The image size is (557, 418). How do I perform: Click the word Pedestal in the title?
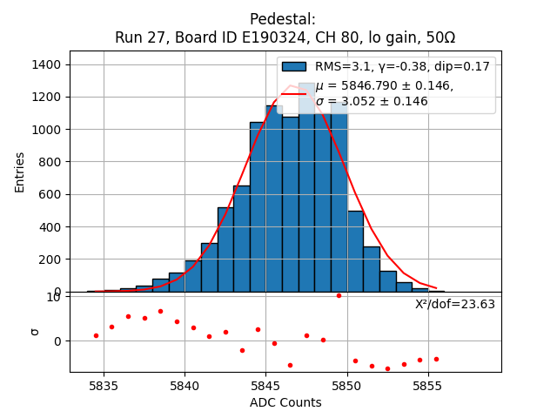pyautogui.click(x=282, y=19)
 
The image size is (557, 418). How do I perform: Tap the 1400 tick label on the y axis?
pyautogui.click(x=46, y=65)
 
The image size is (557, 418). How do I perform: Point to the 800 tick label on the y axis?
pyautogui.click(x=50, y=162)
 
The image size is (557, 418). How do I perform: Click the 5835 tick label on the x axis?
pyautogui.click(x=104, y=385)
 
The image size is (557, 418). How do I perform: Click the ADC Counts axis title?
pyautogui.click(x=285, y=402)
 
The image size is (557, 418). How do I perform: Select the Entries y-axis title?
pyautogui.click(x=20, y=172)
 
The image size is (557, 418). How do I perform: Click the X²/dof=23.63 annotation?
pyautogui.click(x=454, y=304)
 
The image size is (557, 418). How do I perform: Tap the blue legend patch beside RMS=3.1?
pyautogui.click(x=294, y=66)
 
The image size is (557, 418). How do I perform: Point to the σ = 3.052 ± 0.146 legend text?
pyautogui.click(x=372, y=101)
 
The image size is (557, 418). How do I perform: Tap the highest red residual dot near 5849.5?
pyautogui.click(x=339, y=295)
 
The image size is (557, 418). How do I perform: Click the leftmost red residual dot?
pyautogui.click(x=96, y=335)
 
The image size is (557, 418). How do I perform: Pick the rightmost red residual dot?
pyautogui.click(x=436, y=359)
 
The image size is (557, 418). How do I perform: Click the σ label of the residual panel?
pyautogui.click(x=35, y=331)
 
